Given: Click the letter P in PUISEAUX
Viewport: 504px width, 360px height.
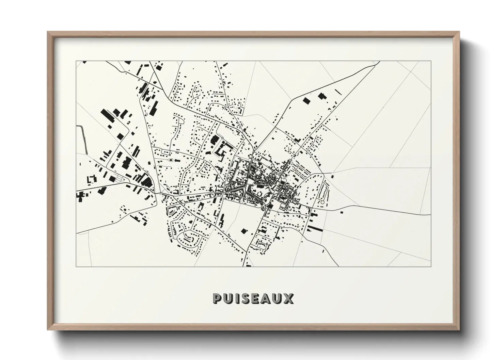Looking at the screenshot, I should (218, 298).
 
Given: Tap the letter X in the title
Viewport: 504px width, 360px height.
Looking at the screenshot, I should (288, 298).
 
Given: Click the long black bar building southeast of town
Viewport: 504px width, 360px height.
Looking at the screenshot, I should (315, 228).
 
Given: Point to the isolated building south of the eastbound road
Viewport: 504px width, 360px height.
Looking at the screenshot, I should (341, 212).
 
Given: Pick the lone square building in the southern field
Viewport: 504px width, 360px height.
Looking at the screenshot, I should (243, 231).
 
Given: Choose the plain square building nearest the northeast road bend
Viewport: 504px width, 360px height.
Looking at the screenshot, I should (306, 100).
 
